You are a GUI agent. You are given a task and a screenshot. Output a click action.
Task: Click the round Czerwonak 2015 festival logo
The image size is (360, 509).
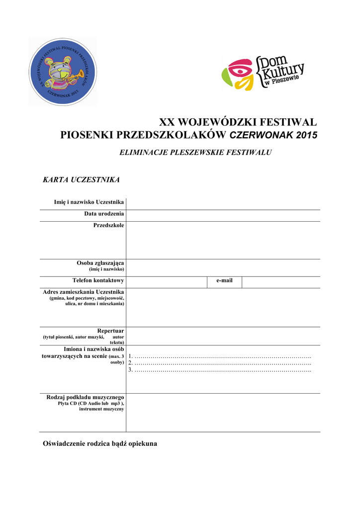[x=63, y=72]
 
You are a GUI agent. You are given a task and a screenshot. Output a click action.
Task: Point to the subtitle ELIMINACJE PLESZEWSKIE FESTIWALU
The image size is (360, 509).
[x=195, y=152]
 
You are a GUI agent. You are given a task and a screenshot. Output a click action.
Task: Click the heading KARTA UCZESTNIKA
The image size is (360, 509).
[x=81, y=179]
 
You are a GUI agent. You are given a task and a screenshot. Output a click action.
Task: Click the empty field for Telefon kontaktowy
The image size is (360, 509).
[x=166, y=282]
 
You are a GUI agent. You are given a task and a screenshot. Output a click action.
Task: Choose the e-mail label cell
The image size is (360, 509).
[x=224, y=281]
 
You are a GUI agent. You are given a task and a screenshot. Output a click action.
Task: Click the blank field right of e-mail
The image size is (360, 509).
[x=280, y=282]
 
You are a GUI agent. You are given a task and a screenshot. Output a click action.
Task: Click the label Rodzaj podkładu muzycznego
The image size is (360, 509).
[x=85, y=397]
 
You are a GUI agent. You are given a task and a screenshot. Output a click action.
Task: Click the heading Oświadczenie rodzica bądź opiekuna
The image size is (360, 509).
[x=100, y=443]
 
